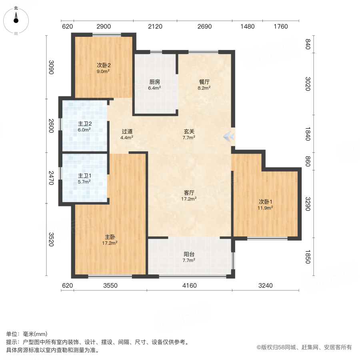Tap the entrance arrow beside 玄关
coord(229,137)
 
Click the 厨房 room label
coord(155,82)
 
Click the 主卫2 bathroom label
coord(84,124)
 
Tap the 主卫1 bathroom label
coord(84,176)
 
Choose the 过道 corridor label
coord(127,131)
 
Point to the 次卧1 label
coord(266,202)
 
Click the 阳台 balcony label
coord(189,254)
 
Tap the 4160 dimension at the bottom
coord(189,286)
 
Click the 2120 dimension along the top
coord(155,27)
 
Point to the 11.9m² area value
coord(266,208)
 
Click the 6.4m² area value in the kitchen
coord(155,88)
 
